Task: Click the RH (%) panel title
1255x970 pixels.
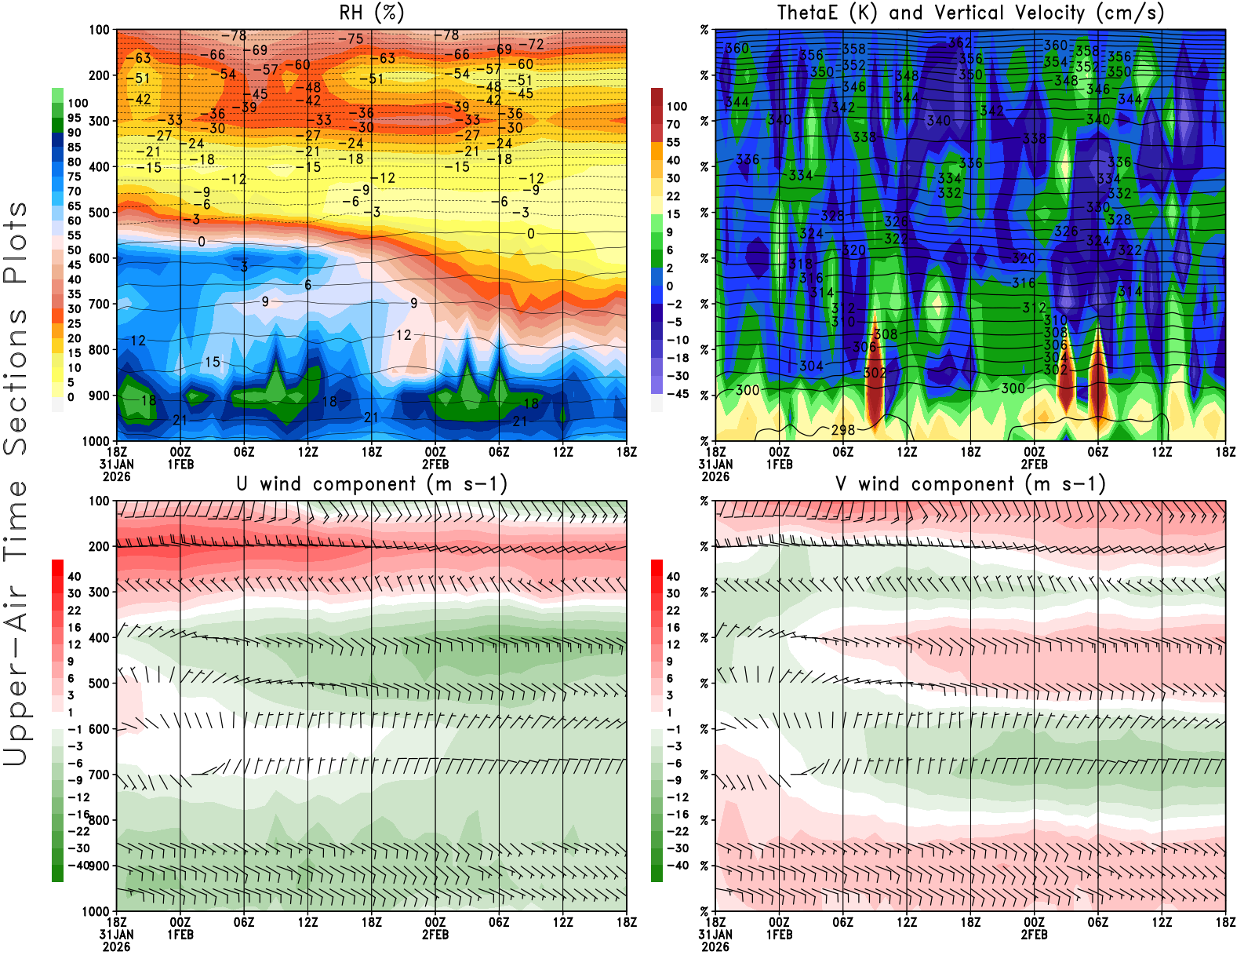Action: pyautogui.click(x=371, y=13)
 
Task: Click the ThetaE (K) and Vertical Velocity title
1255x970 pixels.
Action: pyautogui.click(x=970, y=13)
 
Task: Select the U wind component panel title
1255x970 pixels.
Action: pyautogui.click(x=371, y=484)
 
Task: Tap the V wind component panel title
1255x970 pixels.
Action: pyautogui.click(x=970, y=484)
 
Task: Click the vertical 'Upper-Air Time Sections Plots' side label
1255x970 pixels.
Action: pyautogui.click(x=16, y=484)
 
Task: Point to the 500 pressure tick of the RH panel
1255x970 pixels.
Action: pyautogui.click(x=100, y=213)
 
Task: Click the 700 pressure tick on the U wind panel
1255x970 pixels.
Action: pyautogui.click(x=100, y=775)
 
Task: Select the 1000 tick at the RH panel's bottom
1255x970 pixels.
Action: pyautogui.click(x=96, y=441)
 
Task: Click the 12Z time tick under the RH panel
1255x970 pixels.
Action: pyautogui.click(x=307, y=452)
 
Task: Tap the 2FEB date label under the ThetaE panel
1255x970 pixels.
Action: pyautogui.click(x=1034, y=465)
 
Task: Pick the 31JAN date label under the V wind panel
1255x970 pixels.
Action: pyautogui.click(x=715, y=935)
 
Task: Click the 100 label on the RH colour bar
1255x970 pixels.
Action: pyautogui.click(x=78, y=104)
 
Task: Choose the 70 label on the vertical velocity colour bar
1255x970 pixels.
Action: pyautogui.click(x=673, y=125)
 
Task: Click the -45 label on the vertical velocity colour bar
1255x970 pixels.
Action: pyautogui.click(x=677, y=394)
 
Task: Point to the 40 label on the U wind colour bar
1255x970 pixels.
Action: pyautogui.click(x=75, y=577)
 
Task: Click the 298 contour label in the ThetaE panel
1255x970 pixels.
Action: pyautogui.click(x=843, y=430)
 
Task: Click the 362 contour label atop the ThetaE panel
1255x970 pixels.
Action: pyautogui.click(x=960, y=43)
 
